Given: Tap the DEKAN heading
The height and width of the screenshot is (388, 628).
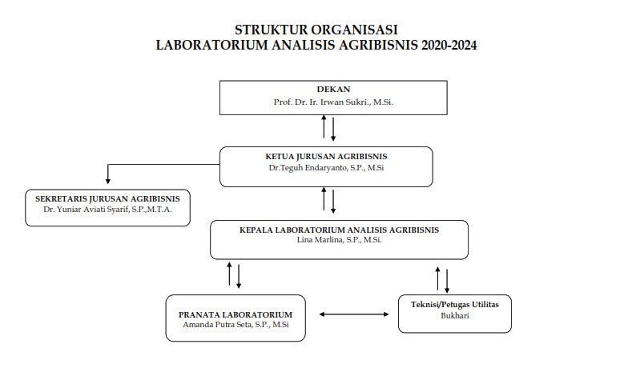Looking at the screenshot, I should pos(333,90).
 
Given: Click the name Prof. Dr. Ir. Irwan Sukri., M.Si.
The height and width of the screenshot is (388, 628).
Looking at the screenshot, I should pos(333,103).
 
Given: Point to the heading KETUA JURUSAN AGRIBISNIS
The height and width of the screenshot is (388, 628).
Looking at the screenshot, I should pos(326,156).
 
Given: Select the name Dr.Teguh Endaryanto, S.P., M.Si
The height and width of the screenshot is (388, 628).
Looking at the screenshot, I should pos(326,169).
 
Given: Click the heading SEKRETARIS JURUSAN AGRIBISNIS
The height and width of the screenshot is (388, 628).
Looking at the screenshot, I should pos(107,198).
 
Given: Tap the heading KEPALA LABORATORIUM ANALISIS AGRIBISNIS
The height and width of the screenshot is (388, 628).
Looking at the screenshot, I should pos(339,230).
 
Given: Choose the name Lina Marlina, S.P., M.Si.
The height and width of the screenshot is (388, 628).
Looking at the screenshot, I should pos(339,241).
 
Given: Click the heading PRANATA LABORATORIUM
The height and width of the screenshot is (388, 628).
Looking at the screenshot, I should pos(235,314).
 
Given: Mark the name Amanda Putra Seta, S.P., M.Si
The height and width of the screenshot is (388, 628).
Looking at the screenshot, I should pos(235,326).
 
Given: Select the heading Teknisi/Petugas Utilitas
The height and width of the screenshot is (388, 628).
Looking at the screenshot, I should pos(454,304).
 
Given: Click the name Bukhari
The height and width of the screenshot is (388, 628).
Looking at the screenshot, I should pos(454,316).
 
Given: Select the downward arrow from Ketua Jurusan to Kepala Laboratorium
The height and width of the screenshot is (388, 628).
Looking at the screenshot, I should pos(333,200).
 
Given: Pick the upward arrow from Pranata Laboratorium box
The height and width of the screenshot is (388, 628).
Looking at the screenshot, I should pos(230,274).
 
